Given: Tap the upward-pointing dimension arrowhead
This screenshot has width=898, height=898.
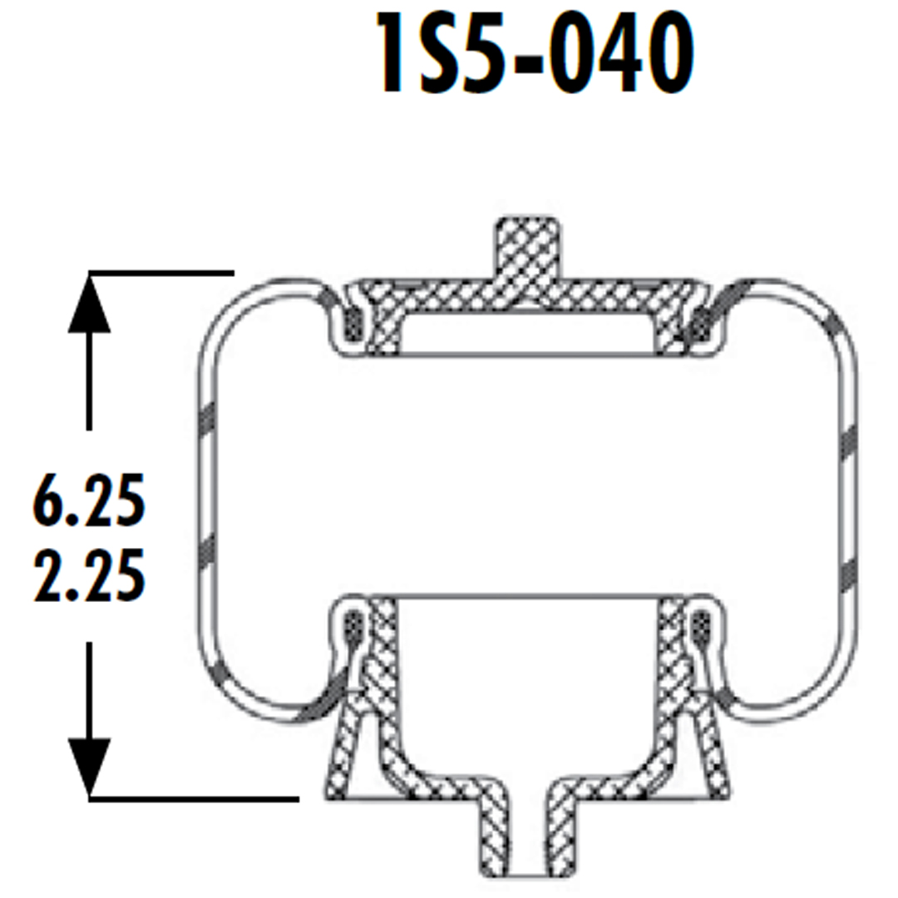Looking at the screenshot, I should [x=89, y=304].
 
